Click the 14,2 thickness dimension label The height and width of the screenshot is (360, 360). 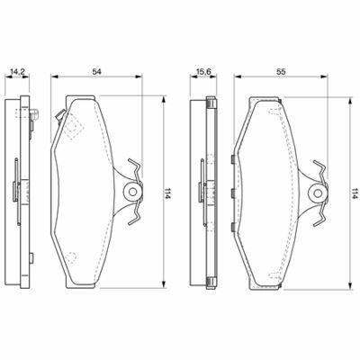tap(17, 72)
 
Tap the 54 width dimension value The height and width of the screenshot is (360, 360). tap(96, 72)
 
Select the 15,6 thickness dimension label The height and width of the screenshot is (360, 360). tap(204, 72)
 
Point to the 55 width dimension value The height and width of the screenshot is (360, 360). tap(281, 72)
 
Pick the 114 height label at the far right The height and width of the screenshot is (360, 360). tap(355, 193)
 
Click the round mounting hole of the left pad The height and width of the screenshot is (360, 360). tap(132, 191)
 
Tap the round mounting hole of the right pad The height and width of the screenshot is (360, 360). tap(318, 193)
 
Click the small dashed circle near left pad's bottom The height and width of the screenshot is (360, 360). tap(71, 257)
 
